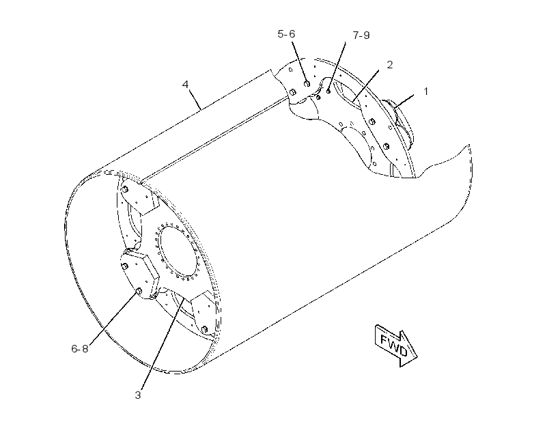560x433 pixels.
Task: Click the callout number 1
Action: (x=425, y=92)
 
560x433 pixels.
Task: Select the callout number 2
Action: (x=390, y=65)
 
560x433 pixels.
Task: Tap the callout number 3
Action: (x=138, y=395)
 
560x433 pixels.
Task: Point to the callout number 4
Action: (x=185, y=85)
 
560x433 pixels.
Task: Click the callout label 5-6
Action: (x=286, y=34)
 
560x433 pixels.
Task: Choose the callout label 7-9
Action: (x=361, y=36)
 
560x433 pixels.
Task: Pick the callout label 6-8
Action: (x=80, y=349)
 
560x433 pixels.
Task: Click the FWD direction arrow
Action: (x=396, y=346)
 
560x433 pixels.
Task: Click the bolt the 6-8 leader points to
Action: (x=139, y=292)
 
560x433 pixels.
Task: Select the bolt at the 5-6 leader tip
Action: (x=307, y=84)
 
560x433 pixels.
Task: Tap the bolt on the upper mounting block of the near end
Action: (x=125, y=189)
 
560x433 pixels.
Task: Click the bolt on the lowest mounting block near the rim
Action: (x=205, y=329)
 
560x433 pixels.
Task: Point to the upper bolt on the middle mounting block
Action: (x=125, y=266)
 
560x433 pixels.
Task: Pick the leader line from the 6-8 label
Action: (x=113, y=319)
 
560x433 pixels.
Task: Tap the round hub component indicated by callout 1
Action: (x=400, y=121)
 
